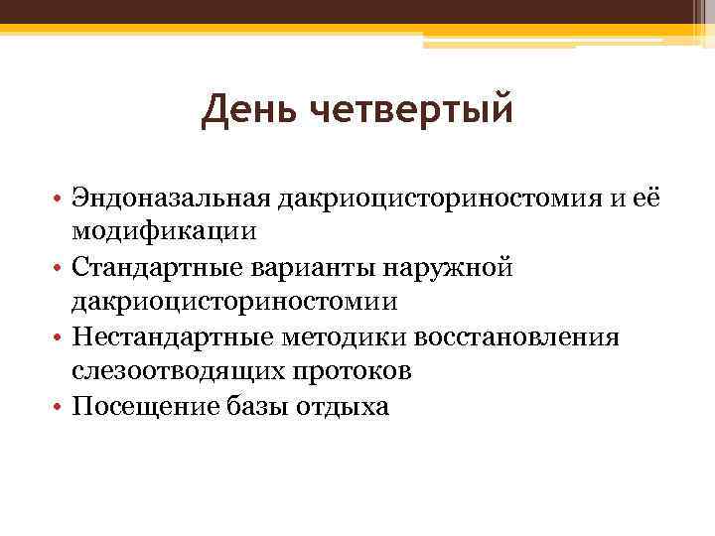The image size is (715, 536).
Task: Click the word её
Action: click(646, 199)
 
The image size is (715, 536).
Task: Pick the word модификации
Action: click(164, 232)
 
